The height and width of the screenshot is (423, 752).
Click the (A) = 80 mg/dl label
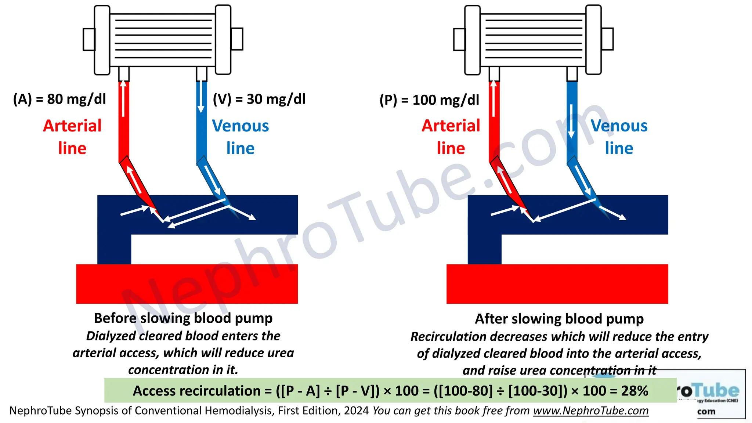pyautogui.click(x=59, y=99)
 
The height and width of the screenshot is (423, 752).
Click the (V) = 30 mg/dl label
pyautogui.click(x=259, y=99)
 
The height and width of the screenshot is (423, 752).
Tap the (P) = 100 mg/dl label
pyautogui.click(x=429, y=100)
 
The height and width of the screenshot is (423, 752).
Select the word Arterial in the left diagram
pyautogui.click(x=72, y=126)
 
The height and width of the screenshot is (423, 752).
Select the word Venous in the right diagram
pyautogui.click(x=619, y=126)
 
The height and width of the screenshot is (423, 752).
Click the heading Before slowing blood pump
pyautogui.click(x=183, y=318)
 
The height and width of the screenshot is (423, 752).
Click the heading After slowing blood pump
pyautogui.click(x=559, y=319)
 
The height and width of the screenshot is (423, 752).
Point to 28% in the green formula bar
pyautogui.click(x=634, y=391)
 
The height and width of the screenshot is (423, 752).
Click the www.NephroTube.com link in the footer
pyautogui.click(x=591, y=411)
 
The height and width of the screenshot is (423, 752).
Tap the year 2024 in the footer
pyautogui.click(x=356, y=411)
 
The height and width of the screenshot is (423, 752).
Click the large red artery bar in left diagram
pyautogui.click(x=187, y=284)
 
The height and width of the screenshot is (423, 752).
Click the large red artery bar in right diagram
pyautogui.click(x=557, y=284)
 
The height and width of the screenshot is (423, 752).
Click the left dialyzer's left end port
pyautogui.click(x=89, y=39)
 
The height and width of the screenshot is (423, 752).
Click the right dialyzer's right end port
pyautogui.click(x=607, y=39)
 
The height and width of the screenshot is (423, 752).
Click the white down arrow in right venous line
pyautogui.click(x=571, y=121)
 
